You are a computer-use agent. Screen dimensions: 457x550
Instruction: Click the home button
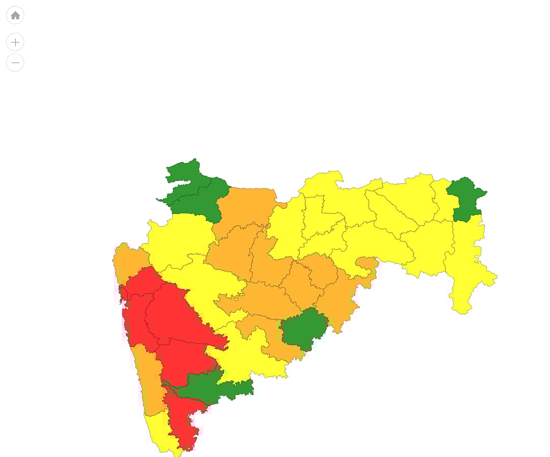point(15,15)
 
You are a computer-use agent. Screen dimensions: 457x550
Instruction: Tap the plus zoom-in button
point(15,42)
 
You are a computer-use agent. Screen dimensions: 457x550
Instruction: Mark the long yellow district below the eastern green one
point(465,264)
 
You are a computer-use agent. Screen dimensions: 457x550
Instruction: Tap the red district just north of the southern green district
point(183,361)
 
